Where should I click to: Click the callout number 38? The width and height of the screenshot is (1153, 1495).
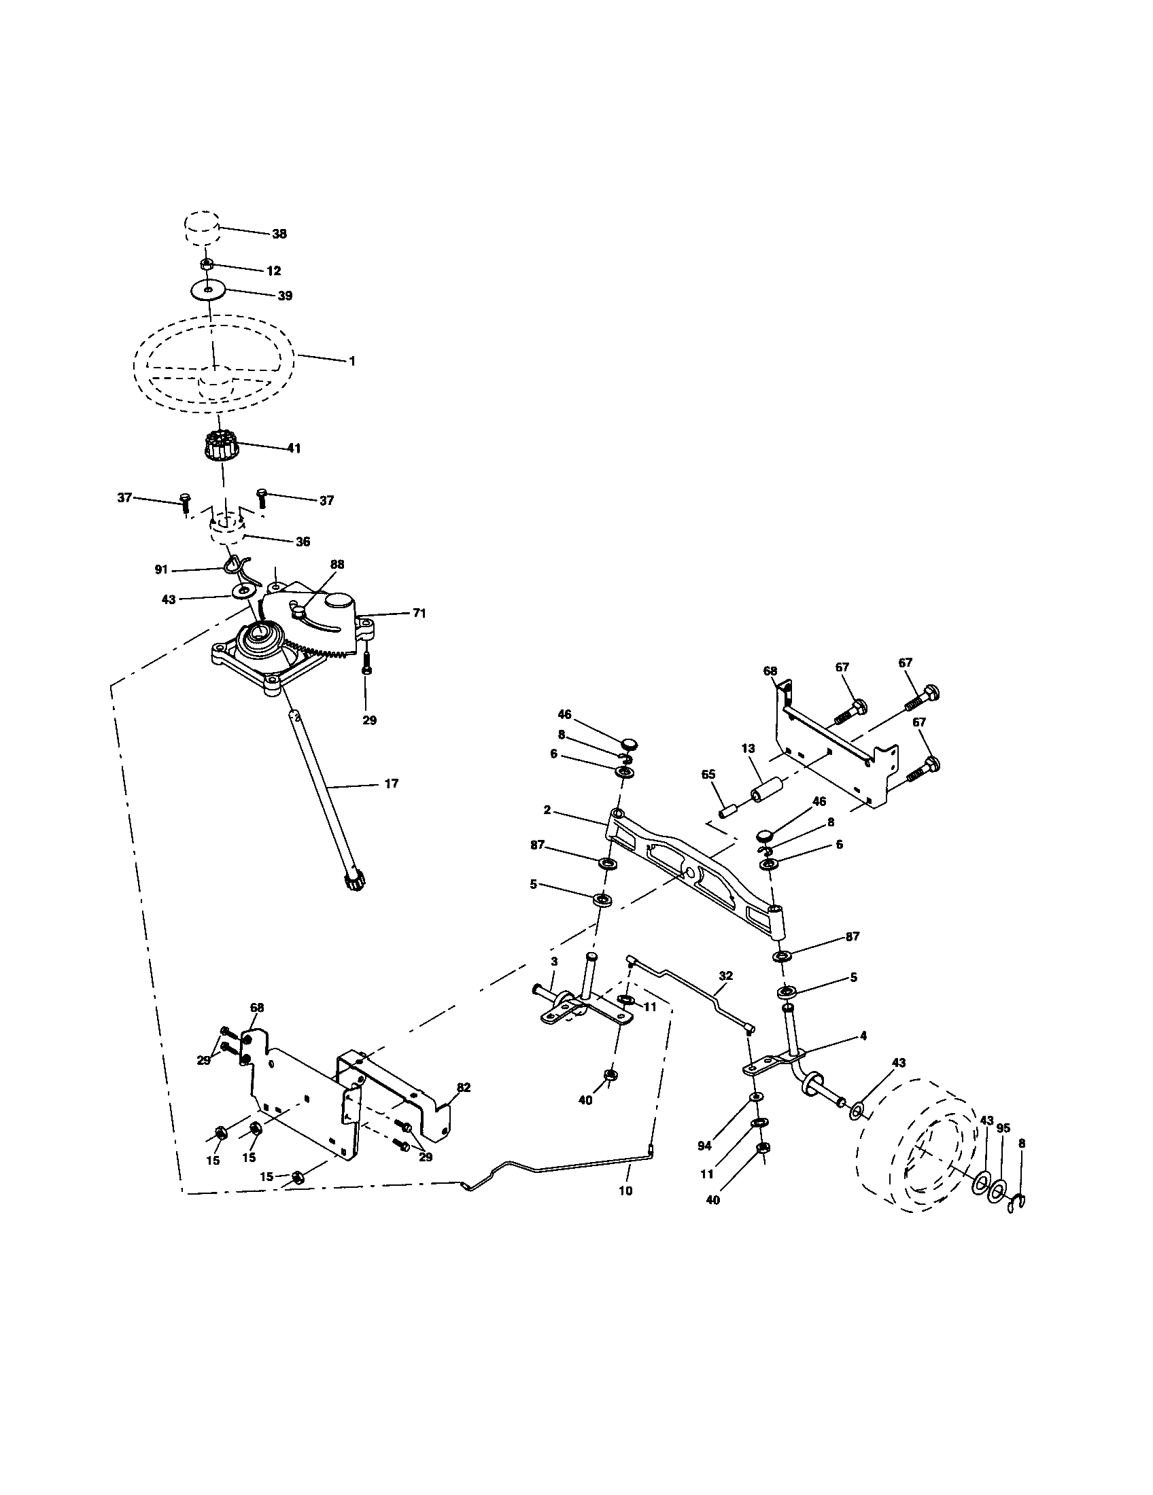(279, 234)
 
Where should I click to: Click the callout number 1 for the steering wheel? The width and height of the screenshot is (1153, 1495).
(352, 361)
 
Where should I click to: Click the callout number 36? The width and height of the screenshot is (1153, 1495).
(303, 542)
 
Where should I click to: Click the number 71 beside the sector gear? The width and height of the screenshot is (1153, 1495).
(418, 614)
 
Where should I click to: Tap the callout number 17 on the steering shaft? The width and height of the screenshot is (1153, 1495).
(391, 784)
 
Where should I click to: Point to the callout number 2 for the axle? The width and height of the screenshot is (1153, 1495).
(547, 810)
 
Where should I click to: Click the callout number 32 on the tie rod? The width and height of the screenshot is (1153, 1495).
(726, 975)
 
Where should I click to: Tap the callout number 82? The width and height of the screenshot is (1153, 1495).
(464, 1087)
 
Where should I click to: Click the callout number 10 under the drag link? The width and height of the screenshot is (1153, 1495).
(625, 1191)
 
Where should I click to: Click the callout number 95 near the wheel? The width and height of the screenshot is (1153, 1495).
(1003, 1129)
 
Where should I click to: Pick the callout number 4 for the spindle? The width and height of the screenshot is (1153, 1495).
(863, 1036)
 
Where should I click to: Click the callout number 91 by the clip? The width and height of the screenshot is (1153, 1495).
(161, 569)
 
